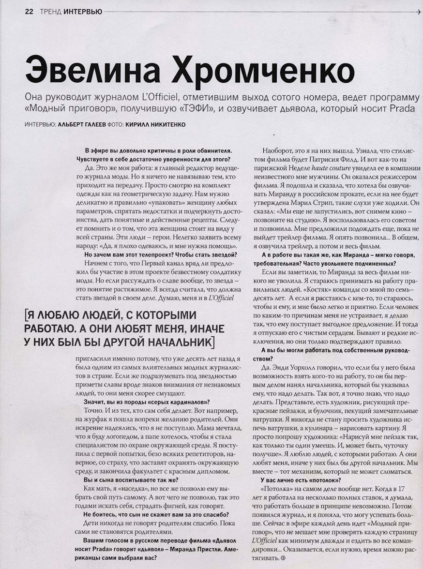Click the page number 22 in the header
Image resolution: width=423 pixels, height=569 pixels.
click(x=29, y=12)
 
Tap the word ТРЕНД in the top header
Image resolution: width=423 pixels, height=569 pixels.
click(x=50, y=12)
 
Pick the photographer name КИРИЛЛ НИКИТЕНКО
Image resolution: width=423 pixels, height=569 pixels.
click(x=156, y=124)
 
